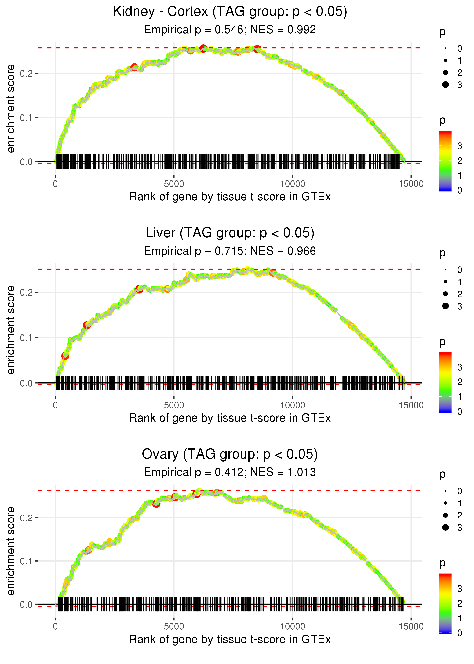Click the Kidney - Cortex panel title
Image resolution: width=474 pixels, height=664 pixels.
tap(230, 12)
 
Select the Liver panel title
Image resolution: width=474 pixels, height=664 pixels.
tap(230, 233)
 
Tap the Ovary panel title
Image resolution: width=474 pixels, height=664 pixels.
tap(230, 454)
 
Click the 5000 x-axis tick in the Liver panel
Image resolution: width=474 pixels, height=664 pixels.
tap(174, 405)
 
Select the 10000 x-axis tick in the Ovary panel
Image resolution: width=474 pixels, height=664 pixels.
tap(292, 627)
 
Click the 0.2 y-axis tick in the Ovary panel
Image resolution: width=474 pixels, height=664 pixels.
tap(26, 518)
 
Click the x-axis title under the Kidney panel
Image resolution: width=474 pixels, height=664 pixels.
tap(230, 197)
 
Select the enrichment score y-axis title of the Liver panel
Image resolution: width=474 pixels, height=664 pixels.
tap(11, 330)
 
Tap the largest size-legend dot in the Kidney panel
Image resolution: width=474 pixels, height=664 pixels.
tap(445, 85)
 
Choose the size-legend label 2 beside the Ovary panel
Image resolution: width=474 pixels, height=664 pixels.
tap(460, 515)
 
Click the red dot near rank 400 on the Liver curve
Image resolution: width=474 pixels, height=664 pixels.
tap(65, 356)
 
